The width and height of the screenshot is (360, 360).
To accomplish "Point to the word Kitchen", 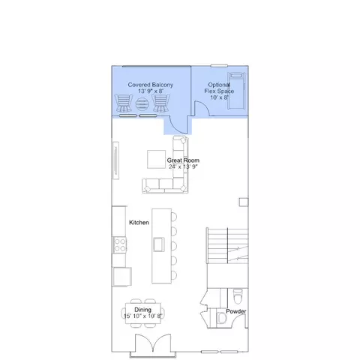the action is click(139, 223).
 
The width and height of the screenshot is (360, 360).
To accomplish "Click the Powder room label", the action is click(236, 311).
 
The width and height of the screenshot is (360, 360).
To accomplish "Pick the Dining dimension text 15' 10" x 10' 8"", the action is click(143, 316).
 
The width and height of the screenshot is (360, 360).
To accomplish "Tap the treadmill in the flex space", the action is click(236, 91).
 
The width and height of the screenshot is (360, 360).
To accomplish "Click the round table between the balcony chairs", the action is click(142, 104).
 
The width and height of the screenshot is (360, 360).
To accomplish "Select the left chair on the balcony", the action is click(123, 103).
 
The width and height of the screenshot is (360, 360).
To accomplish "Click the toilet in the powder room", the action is click(238, 296).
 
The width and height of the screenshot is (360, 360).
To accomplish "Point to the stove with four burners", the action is click(120, 245).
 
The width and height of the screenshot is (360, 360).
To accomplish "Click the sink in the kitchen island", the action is click(159, 244).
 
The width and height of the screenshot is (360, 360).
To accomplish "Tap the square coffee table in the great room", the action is click(156, 159).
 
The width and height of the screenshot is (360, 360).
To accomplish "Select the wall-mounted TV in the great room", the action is click(115, 160).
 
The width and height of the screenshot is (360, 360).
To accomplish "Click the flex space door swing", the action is click(202, 108).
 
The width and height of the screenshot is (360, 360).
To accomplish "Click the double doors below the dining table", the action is click(153, 343).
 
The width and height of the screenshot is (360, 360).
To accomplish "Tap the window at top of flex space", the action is click(219, 66).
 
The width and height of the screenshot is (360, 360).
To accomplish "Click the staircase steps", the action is click(227, 245).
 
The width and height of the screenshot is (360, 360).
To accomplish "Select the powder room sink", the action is click(221, 318).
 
